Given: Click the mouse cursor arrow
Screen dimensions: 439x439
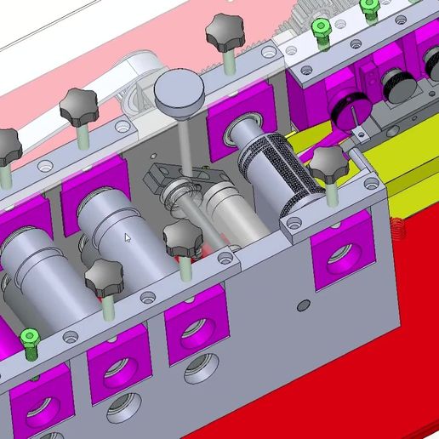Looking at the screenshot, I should click(x=128, y=238).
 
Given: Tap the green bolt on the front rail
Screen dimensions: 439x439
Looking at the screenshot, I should click(x=30, y=340).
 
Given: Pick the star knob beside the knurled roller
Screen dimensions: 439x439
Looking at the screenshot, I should click(x=328, y=164).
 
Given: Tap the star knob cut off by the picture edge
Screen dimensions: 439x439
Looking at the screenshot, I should click(x=8, y=145).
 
